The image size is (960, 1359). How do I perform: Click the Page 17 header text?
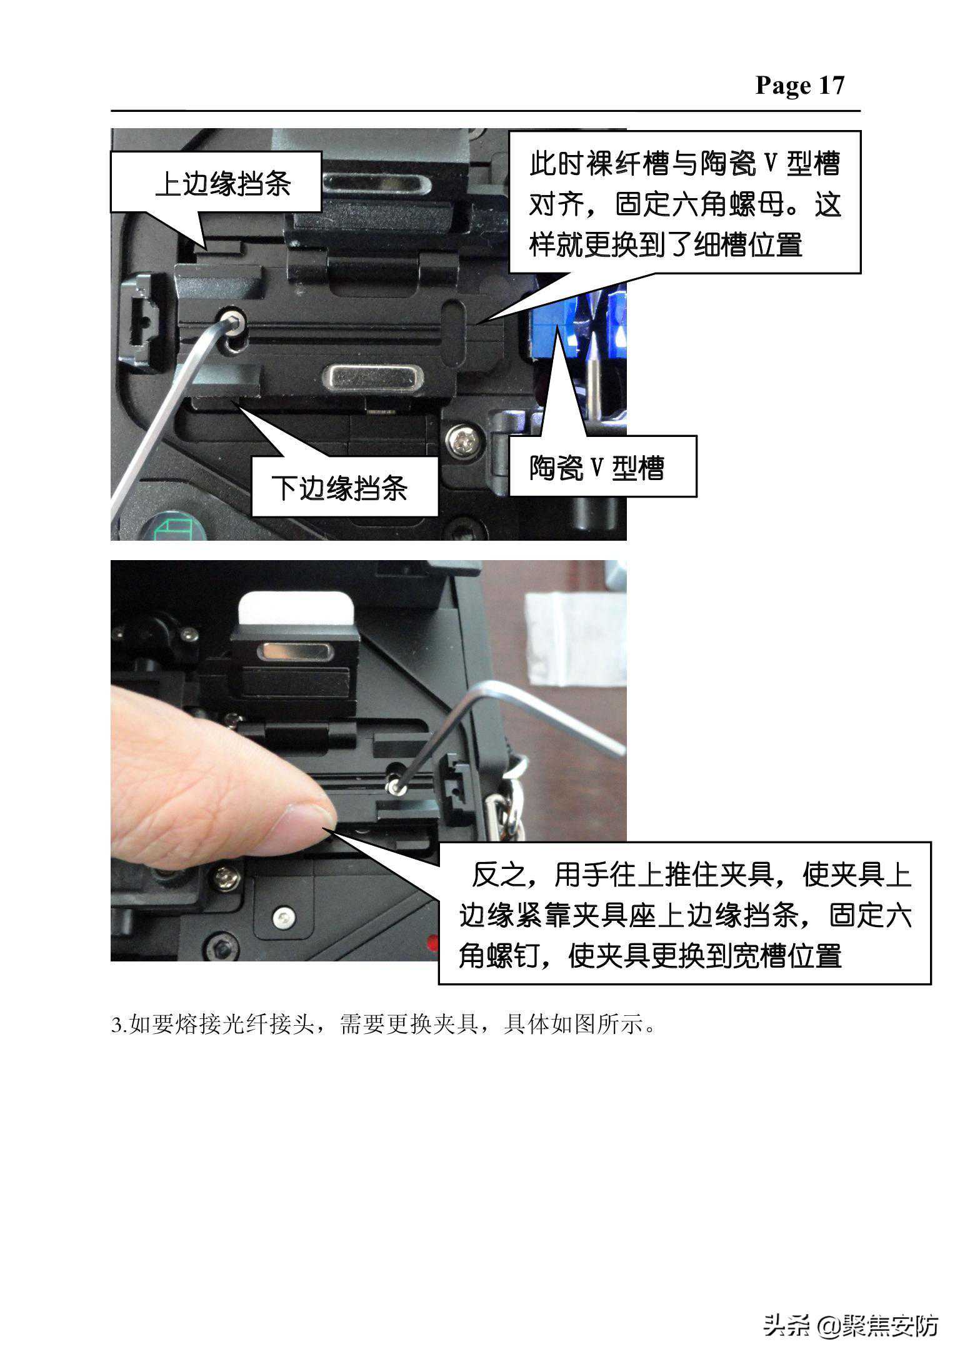pyautogui.click(x=799, y=85)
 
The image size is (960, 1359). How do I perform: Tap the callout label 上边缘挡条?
pyautogui.click(x=223, y=183)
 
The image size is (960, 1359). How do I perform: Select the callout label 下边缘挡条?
pyautogui.click(x=339, y=488)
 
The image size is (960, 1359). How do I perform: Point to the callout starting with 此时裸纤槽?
pyautogui.click(x=685, y=203)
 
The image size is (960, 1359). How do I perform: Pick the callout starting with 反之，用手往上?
pyautogui.click(x=684, y=913)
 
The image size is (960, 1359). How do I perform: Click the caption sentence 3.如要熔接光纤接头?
pyautogui.click(x=383, y=1025)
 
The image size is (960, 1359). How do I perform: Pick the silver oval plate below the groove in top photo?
pyautogui.click(x=372, y=377)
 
